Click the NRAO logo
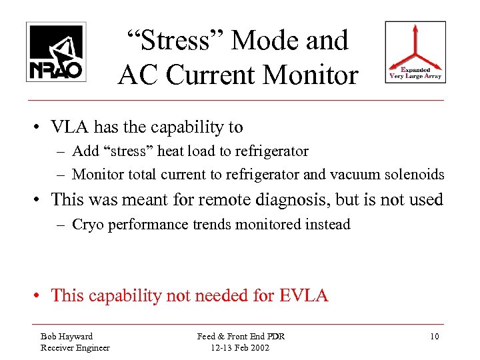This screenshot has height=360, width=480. click(56, 52)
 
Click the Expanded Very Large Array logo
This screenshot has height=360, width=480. click(415, 52)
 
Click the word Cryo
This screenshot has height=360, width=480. click(87, 224)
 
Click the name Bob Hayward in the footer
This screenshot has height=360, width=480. click(67, 336)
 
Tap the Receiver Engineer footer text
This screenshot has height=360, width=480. click(75, 347)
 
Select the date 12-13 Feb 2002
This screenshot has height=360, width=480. click(240, 347)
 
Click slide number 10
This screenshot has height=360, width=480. click(434, 336)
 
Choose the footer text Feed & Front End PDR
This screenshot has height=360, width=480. click(241, 336)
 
